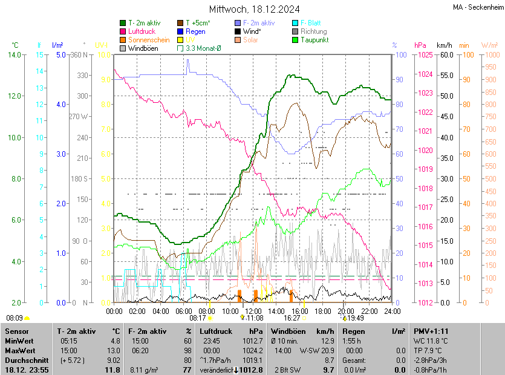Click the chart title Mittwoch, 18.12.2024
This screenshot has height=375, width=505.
pos(255,9)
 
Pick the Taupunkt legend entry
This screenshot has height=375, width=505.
pos(314,39)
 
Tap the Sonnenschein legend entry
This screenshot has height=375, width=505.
pos(149,39)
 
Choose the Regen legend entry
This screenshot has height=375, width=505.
pos(195,31)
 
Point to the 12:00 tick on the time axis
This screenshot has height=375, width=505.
pos(253,311)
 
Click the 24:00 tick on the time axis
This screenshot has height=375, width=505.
pos(393,311)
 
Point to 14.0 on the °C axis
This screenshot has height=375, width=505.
pos(14,55)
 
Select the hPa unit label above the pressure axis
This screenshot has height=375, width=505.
pos(420,45)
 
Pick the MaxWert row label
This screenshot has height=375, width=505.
pos(20,350)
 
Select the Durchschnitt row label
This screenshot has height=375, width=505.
pos(24,360)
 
